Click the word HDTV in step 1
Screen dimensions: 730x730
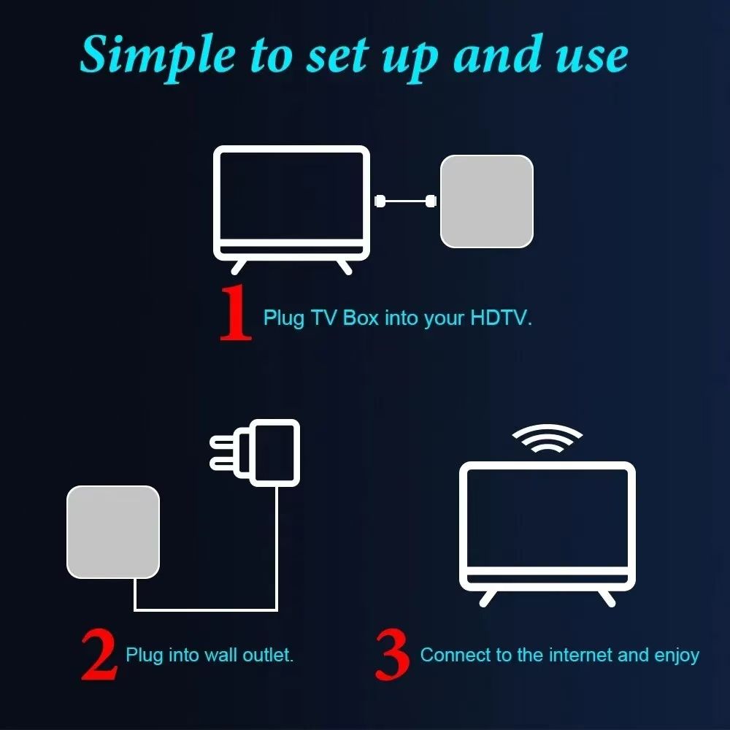(x=502, y=318)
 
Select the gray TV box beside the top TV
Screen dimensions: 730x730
(x=486, y=201)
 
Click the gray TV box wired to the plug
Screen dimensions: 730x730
(x=113, y=531)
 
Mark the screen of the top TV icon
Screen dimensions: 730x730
(x=291, y=196)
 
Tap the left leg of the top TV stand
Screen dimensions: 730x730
(x=239, y=266)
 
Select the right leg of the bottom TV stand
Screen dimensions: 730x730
(x=605, y=596)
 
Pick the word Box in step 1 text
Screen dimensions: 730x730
(x=361, y=318)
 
